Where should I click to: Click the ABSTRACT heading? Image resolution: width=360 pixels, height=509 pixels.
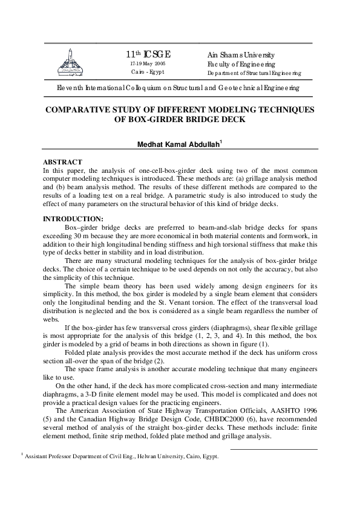click(62, 163)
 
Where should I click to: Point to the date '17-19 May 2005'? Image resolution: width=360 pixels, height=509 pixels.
click(148, 63)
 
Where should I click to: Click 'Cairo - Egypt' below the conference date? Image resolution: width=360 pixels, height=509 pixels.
click(148, 72)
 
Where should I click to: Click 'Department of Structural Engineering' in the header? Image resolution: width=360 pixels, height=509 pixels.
click(254, 73)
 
